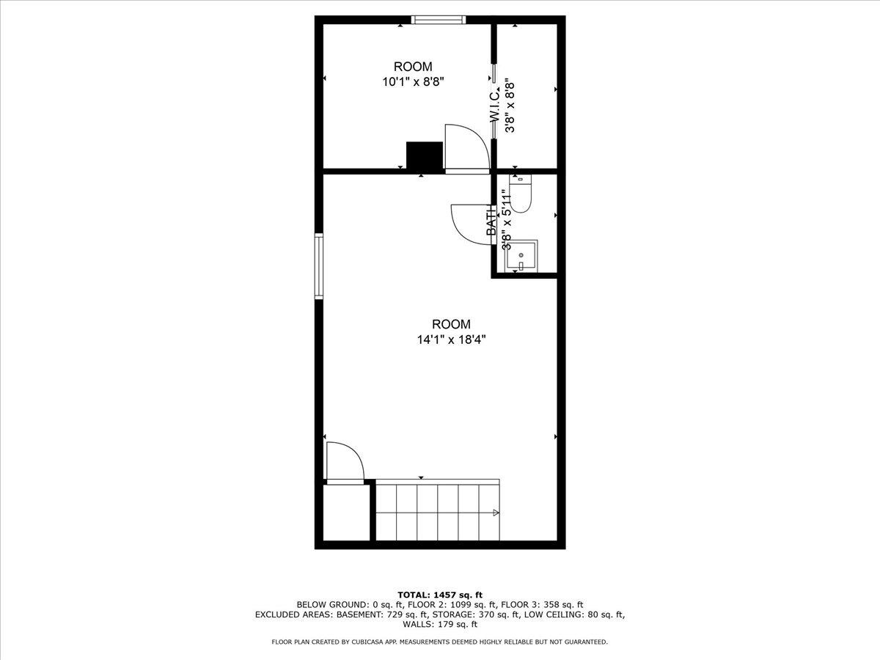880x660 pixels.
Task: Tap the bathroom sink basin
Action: (521, 257)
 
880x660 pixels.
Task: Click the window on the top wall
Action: (439, 20)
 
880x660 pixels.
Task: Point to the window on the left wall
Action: (319, 266)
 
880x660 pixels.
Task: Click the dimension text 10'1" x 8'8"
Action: (414, 82)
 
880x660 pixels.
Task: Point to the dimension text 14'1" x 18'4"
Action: (452, 340)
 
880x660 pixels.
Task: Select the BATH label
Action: (491, 220)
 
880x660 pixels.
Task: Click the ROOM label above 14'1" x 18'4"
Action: (451, 324)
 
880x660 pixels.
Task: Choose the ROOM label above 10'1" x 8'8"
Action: (413, 66)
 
